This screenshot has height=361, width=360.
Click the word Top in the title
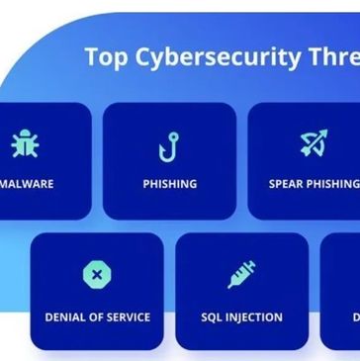[x=105, y=58]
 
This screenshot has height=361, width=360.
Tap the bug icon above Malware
[x=25, y=144]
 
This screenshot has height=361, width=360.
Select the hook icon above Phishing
[x=169, y=145]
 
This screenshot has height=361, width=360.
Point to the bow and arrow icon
[x=314, y=144]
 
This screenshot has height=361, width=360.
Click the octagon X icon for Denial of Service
[x=96, y=274]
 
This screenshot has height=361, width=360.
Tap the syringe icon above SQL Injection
[x=241, y=274]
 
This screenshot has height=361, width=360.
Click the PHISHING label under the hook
[x=169, y=184]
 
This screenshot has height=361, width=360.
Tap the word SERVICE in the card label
[x=128, y=317]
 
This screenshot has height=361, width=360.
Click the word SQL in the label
[x=213, y=317]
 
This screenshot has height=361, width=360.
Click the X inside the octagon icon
[x=96, y=274]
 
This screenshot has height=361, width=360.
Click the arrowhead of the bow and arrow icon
[x=322, y=135]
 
